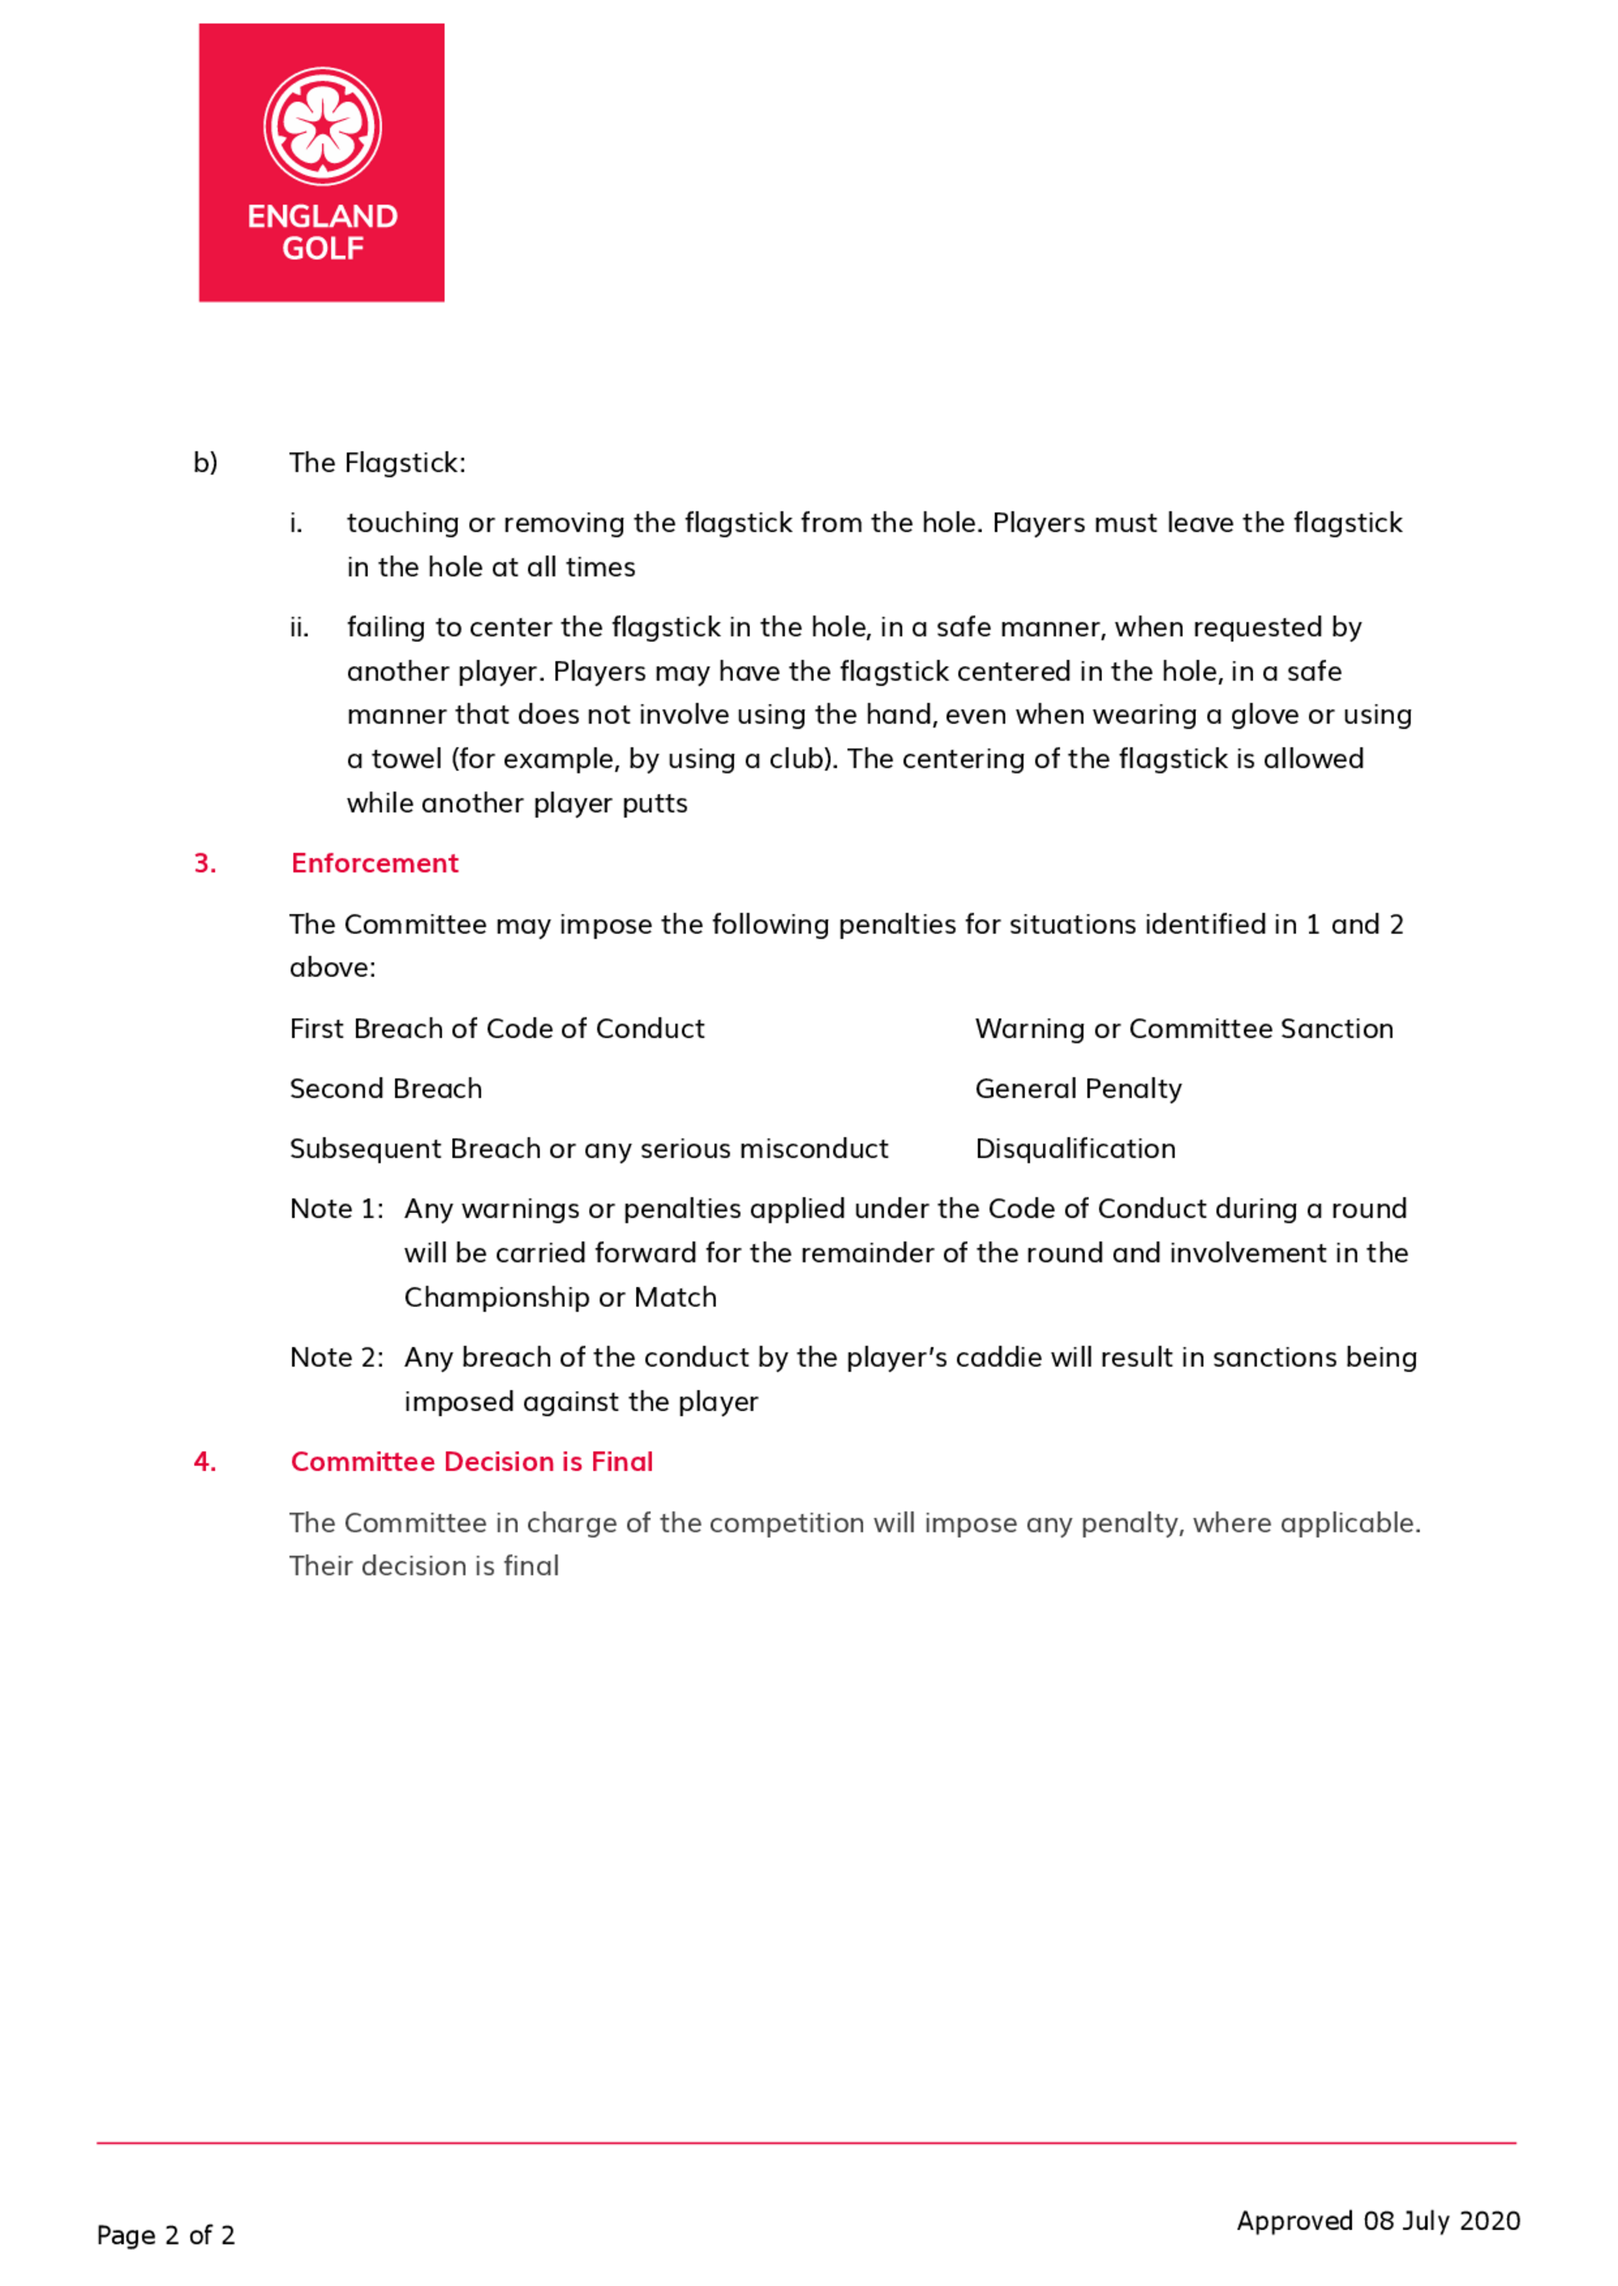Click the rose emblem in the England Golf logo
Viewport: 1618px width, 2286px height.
click(322, 126)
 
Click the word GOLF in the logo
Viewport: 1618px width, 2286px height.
click(322, 248)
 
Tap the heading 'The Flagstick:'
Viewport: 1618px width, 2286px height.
click(377, 464)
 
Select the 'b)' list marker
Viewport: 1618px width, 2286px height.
click(205, 464)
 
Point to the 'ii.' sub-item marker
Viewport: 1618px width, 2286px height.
click(299, 628)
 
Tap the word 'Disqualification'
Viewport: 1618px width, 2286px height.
click(1075, 1149)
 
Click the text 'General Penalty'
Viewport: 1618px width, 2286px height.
click(1078, 1089)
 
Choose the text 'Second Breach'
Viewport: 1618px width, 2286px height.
click(386, 1089)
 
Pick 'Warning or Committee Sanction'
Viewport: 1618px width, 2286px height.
click(1184, 1028)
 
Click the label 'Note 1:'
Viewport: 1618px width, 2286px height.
click(337, 1209)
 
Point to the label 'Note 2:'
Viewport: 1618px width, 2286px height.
click(337, 1358)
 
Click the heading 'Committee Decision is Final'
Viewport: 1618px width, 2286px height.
click(472, 1462)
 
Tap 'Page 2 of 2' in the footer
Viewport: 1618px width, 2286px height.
click(165, 2235)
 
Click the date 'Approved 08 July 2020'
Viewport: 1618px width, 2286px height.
click(1378, 2221)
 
